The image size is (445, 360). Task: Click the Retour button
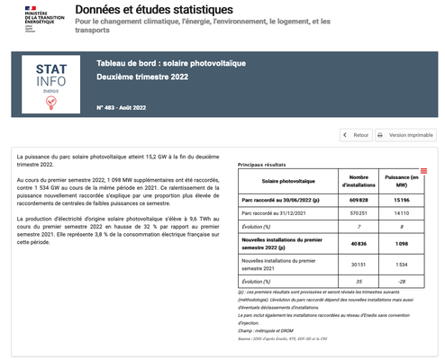[357, 135]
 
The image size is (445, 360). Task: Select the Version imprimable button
[404, 135]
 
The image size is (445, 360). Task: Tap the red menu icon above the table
[423, 171]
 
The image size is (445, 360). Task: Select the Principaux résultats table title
[262, 166]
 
